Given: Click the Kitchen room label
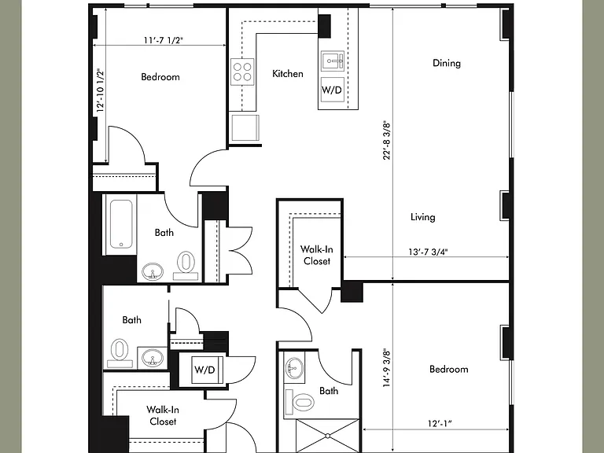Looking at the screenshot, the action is pos(287,74).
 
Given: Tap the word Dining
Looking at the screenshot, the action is pos(447,63).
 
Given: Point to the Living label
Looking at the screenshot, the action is pos(422,217).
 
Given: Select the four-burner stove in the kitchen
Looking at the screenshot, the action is pos(242,72).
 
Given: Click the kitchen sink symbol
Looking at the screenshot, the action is pos(333,61).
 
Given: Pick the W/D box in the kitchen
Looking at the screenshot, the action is pos(332,90).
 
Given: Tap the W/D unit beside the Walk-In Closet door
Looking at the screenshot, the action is pos(204,370).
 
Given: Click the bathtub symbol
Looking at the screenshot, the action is pos(120,224).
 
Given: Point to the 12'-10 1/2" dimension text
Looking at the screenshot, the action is pos(101,90).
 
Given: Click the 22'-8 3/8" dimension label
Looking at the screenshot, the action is pos(386,141).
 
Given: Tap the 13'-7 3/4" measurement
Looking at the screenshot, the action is pos(428,252).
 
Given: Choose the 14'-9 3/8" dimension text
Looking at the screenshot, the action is pos(386,368).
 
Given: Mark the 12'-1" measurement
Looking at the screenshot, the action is pos(440,424).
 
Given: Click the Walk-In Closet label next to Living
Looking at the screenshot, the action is pos(317,255).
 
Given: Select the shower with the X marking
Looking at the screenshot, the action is pos(327,436).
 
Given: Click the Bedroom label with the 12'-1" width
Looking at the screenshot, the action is pos(449,369).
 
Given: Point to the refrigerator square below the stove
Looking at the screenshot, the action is pos(245,127).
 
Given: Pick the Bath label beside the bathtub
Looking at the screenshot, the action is pos(164,232).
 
